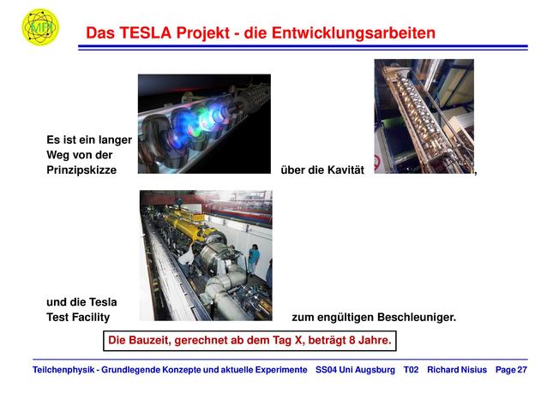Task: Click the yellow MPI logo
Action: [x=40, y=27]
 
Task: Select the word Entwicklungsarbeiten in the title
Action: [x=353, y=33]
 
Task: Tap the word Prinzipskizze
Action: [x=81, y=170]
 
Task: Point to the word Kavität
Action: [x=346, y=170]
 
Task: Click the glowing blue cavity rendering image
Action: [x=204, y=123]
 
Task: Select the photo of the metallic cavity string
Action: [x=424, y=116]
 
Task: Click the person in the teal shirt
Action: [x=254, y=259]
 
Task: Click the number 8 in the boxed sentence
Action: [x=352, y=340]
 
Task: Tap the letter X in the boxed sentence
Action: [x=298, y=340]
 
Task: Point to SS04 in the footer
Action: [x=326, y=370]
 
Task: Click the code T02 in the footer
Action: [x=411, y=370]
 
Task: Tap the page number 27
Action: [x=522, y=370]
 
